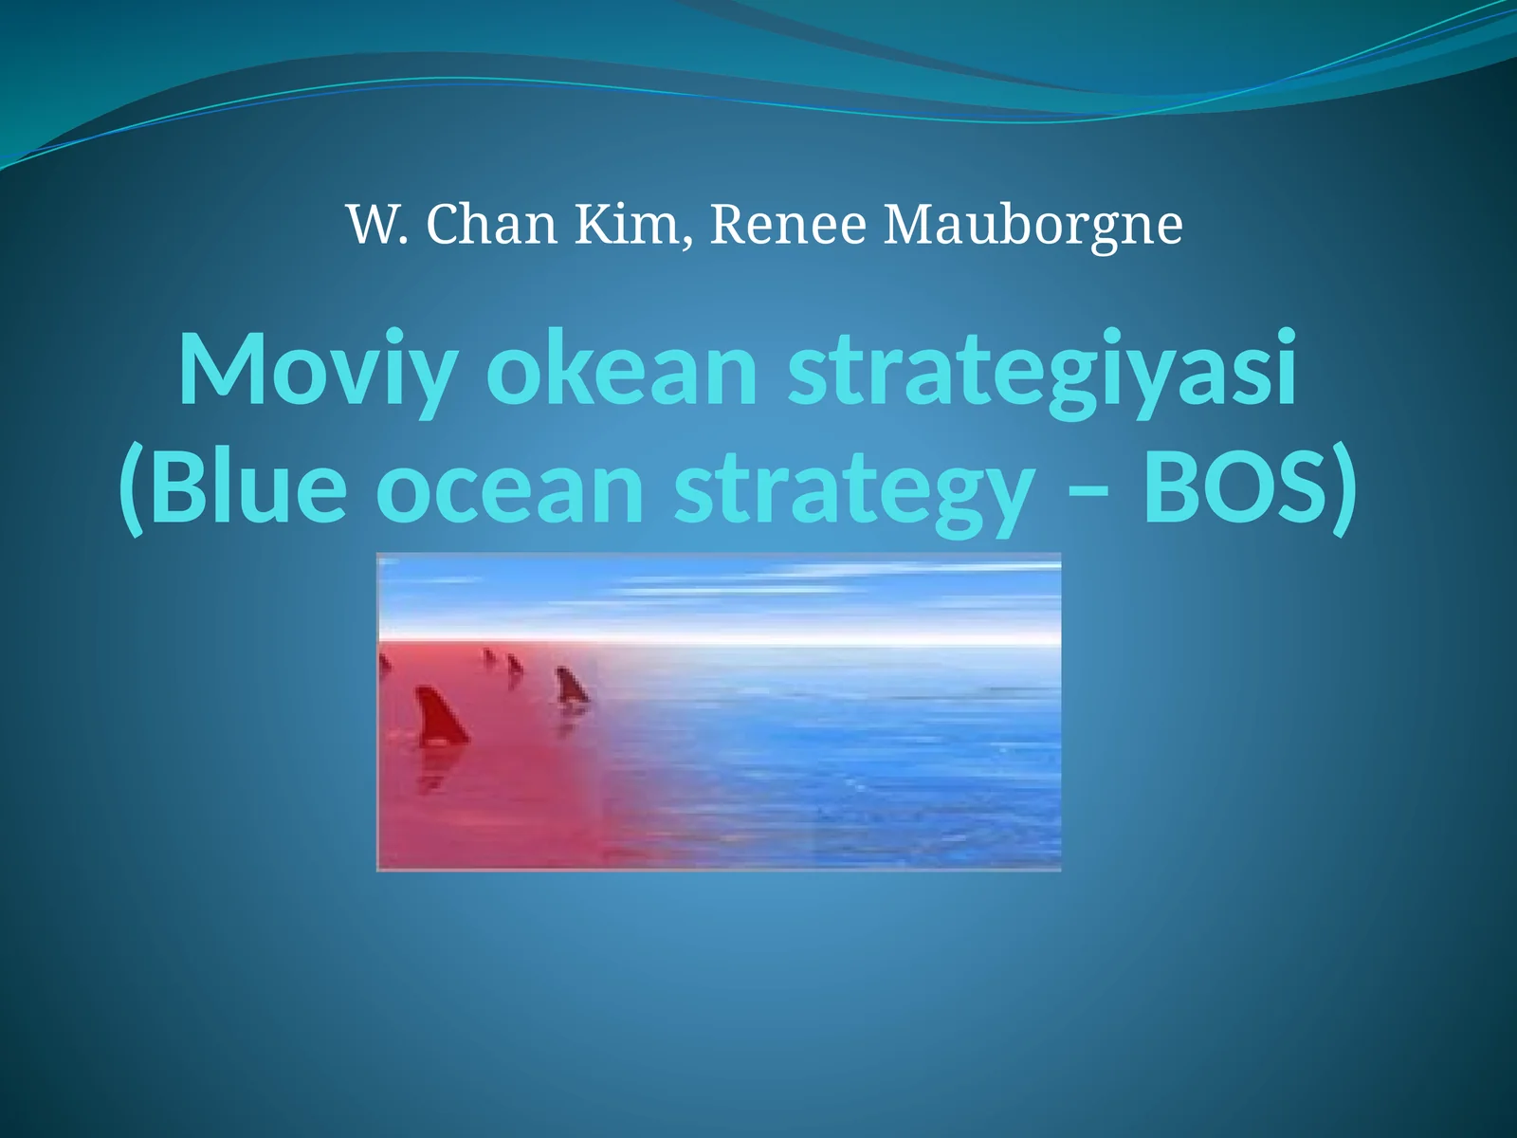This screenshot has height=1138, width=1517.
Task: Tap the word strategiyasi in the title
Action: click(1041, 370)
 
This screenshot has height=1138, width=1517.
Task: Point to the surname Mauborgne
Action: click(1033, 226)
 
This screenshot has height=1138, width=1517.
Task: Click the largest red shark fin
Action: click(438, 719)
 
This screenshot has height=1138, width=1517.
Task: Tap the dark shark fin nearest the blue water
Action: click(571, 686)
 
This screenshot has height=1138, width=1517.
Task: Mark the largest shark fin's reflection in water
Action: click(433, 773)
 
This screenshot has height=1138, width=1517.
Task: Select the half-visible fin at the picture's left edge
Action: click(384, 664)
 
